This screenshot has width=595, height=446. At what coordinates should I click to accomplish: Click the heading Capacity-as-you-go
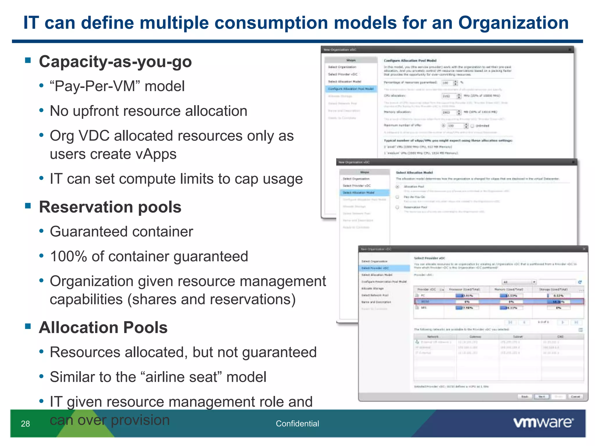coord(115,62)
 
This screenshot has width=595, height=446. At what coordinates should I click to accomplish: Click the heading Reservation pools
coord(110,207)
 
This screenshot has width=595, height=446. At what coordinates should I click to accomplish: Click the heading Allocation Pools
coord(103,328)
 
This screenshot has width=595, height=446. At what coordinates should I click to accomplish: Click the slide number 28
coord(25,424)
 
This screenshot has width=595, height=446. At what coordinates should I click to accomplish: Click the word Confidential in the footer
coord(297,424)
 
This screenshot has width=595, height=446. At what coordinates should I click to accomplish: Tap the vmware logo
coord(543,423)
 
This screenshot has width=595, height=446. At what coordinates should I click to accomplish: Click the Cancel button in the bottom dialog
coord(575,397)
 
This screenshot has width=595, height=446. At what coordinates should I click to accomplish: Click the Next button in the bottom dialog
coord(542,397)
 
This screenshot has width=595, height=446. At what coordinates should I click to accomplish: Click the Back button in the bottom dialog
coord(524,397)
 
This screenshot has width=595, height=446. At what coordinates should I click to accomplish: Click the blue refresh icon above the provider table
coord(580,282)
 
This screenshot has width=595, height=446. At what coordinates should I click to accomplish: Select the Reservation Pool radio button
coord(397,207)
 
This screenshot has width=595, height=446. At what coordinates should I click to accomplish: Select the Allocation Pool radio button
coord(397,187)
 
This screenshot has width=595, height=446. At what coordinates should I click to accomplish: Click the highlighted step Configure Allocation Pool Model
coord(351,89)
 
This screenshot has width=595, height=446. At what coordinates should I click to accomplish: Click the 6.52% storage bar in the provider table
coord(558,296)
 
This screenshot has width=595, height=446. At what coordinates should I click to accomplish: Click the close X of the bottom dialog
coord(584,249)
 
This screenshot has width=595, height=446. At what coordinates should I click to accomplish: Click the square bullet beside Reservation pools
coord(28,206)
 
